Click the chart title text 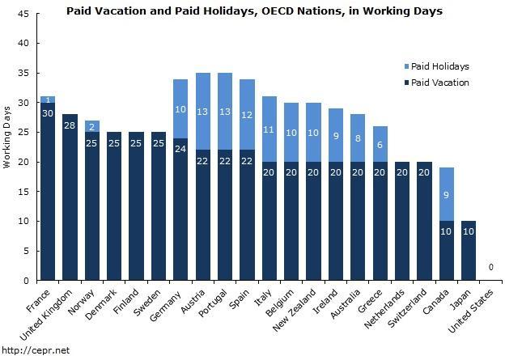255,11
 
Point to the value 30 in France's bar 48,113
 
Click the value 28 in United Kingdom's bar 70,125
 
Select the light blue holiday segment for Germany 181,108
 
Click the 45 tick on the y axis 24,14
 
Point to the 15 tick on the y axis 24,192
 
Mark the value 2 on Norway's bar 92,126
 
